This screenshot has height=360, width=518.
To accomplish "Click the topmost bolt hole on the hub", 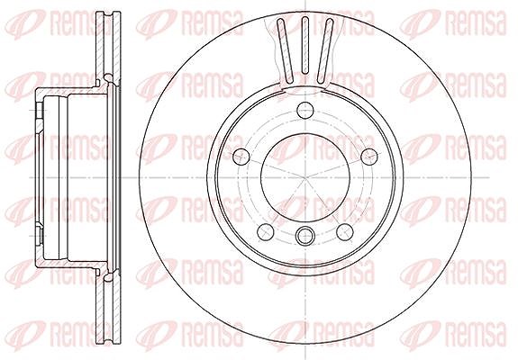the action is tap(304, 110).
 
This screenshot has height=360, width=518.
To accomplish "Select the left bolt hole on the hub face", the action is tap(241, 157).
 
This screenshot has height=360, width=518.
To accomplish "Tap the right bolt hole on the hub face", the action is tap(369, 157).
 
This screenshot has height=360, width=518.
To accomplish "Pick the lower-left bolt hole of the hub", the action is tap(266, 232).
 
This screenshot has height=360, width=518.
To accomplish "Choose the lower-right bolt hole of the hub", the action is tap(344, 232).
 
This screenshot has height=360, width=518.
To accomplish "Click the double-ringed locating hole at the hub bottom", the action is tap(304, 236).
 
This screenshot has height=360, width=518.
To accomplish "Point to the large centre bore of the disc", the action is tap(304, 178).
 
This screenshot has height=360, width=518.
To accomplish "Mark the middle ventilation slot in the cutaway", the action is tap(304, 45).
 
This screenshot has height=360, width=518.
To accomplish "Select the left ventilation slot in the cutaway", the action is tap(285, 50).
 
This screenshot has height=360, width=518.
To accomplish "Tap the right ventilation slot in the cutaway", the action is tap(325, 50).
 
